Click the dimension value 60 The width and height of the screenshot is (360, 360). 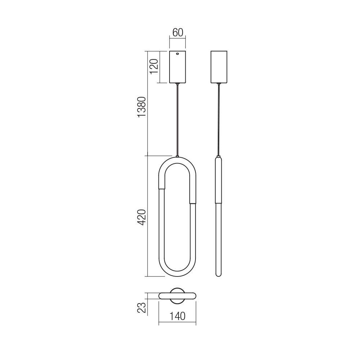click(177, 32)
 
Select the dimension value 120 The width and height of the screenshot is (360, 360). click(154, 67)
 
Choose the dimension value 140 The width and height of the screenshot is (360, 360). click(177, 316)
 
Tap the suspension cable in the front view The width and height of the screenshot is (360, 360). click(177, 119)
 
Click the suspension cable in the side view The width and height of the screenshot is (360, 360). click(219, 119)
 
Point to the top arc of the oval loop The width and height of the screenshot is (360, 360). click(177, 160)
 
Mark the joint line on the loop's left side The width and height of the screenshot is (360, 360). click(162, 188)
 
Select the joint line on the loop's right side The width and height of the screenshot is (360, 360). click(193, 203)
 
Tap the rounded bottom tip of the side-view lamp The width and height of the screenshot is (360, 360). click(219, 275)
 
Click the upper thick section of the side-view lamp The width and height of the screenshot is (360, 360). click(219, 180)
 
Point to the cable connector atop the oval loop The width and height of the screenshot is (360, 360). click(177, 156)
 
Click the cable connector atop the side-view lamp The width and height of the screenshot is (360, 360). click(219, 156)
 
